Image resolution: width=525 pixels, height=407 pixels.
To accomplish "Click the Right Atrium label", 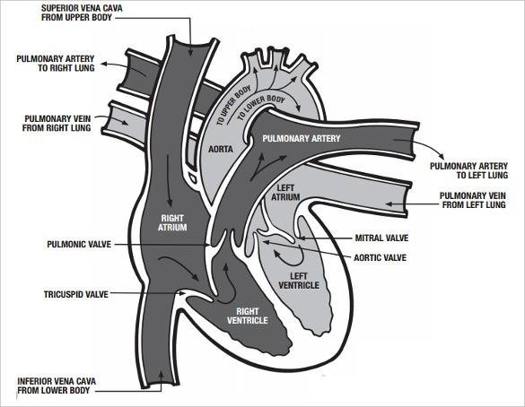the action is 172,222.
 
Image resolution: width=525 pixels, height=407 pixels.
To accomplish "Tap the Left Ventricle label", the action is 299,281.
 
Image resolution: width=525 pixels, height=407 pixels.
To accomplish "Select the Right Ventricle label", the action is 248,316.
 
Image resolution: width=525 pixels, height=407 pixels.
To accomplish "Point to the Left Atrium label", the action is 285,193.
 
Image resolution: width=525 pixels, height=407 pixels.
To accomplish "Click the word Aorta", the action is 221,149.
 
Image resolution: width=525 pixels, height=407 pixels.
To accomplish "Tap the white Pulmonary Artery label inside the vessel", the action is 302,138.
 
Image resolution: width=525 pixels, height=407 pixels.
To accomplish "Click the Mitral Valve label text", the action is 381,238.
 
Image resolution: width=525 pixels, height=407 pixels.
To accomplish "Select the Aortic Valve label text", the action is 380,257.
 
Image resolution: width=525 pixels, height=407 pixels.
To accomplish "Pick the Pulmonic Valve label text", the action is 79,244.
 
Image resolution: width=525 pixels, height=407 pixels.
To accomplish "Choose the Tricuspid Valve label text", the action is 76,294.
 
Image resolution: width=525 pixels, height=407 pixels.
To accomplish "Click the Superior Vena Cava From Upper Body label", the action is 82,13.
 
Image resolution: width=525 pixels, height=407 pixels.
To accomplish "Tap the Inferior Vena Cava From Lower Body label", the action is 57,385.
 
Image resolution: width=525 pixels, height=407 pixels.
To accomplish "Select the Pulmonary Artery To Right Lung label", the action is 56,64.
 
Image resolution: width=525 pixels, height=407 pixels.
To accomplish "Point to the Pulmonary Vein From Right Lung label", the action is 57,123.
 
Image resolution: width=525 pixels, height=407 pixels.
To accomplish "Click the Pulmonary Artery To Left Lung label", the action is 469,170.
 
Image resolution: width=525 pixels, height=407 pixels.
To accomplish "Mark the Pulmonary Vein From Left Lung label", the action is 473,200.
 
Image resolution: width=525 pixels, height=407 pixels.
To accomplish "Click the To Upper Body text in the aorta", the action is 233,106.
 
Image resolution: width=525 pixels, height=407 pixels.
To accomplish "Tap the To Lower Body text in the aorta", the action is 261,107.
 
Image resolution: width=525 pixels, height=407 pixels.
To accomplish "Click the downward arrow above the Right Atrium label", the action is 169,180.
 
